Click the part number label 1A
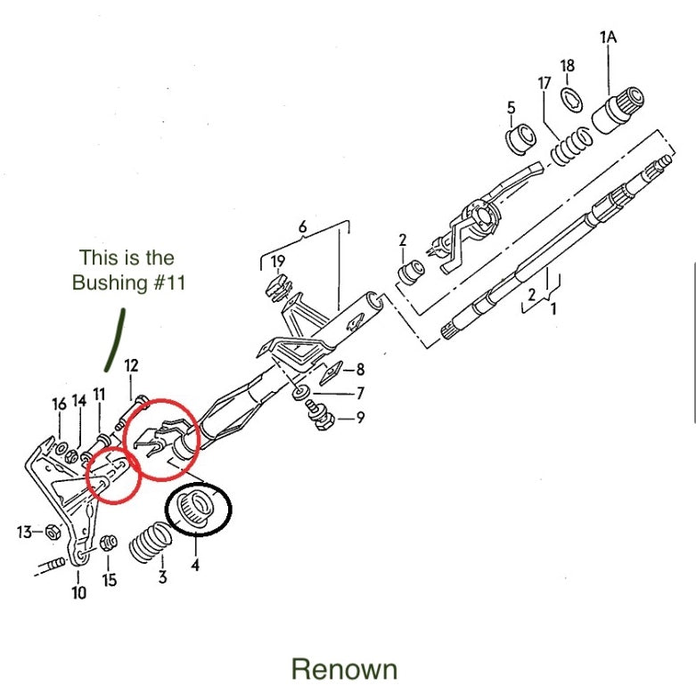click(x=608, y=37)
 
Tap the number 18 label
click(x=568, y=65)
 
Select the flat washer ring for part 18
click(x=571, y=96)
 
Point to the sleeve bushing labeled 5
click(x=520, y=139)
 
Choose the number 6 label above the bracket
click(x=303, y=227)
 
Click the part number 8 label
click(x=360, y=368)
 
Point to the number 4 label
click(x=195, y=564)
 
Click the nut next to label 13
click(x=52, y=532)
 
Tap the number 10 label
click(x=79, y=592)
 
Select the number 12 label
click(x=131, y=365)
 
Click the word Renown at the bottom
click(x=344, y=668)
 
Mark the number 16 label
click(x=59, y=404)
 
